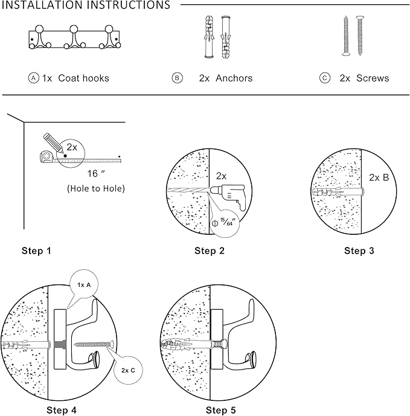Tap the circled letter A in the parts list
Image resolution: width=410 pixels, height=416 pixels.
(x=34, y=78)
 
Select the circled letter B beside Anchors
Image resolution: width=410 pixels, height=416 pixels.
(x=177, y=78)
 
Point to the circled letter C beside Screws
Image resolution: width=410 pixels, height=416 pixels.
(x=325, y=78)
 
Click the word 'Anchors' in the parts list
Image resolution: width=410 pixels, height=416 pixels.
(x=234, y=78)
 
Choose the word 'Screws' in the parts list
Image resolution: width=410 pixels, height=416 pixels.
(x=373, y=78)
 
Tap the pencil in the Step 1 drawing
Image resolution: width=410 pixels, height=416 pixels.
(x=54, y=142)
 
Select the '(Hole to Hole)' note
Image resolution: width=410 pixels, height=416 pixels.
(x=96, y=188)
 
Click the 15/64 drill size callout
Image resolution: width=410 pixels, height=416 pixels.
(x=225, y=222)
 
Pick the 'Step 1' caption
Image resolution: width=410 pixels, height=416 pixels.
(x=37, y=250)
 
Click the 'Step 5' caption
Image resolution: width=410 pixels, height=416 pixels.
(x=221, y=410)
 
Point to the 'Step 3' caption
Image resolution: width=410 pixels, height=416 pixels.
(x=359, y=250)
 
